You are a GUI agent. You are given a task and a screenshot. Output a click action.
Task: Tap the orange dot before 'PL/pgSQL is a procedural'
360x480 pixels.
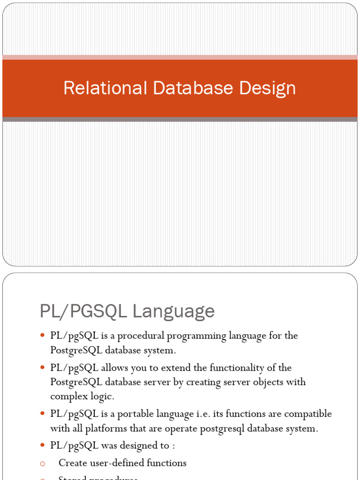tap(42, 336)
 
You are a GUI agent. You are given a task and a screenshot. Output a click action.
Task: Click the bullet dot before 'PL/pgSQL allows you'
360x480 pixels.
tap(42, 367)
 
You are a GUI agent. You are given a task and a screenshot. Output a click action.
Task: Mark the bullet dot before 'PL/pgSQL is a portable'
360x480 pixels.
tap(42, 413)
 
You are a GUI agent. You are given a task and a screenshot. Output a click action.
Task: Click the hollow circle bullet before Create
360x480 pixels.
tap(42, 463)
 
